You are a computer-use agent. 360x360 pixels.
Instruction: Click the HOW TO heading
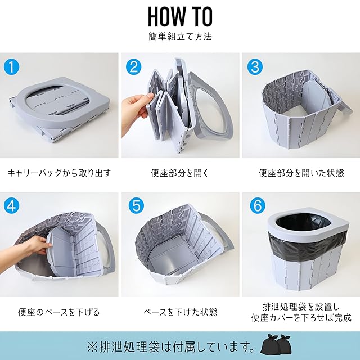pos(180,17)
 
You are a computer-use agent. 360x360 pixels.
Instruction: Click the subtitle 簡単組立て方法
pos(180,37)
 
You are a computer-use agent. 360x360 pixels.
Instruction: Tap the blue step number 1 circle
pos(12,67)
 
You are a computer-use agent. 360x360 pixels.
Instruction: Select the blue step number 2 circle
pos(134,67)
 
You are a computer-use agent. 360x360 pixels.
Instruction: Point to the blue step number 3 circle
pos(255,67)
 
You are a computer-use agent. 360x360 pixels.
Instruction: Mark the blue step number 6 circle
pos(258,205)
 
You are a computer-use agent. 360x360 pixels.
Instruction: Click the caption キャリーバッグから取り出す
pos(59,173)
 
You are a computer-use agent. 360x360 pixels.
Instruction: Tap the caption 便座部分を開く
pos(180,173)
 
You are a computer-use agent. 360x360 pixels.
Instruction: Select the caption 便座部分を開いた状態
pos(301,173)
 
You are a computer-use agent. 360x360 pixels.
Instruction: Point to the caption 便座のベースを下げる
pos(58,312)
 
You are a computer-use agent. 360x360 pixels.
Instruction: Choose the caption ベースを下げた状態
pos(180,312)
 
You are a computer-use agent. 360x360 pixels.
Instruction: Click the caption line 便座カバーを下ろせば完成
pos(301,318)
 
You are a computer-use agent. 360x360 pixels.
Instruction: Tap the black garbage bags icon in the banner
pos(276,345)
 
